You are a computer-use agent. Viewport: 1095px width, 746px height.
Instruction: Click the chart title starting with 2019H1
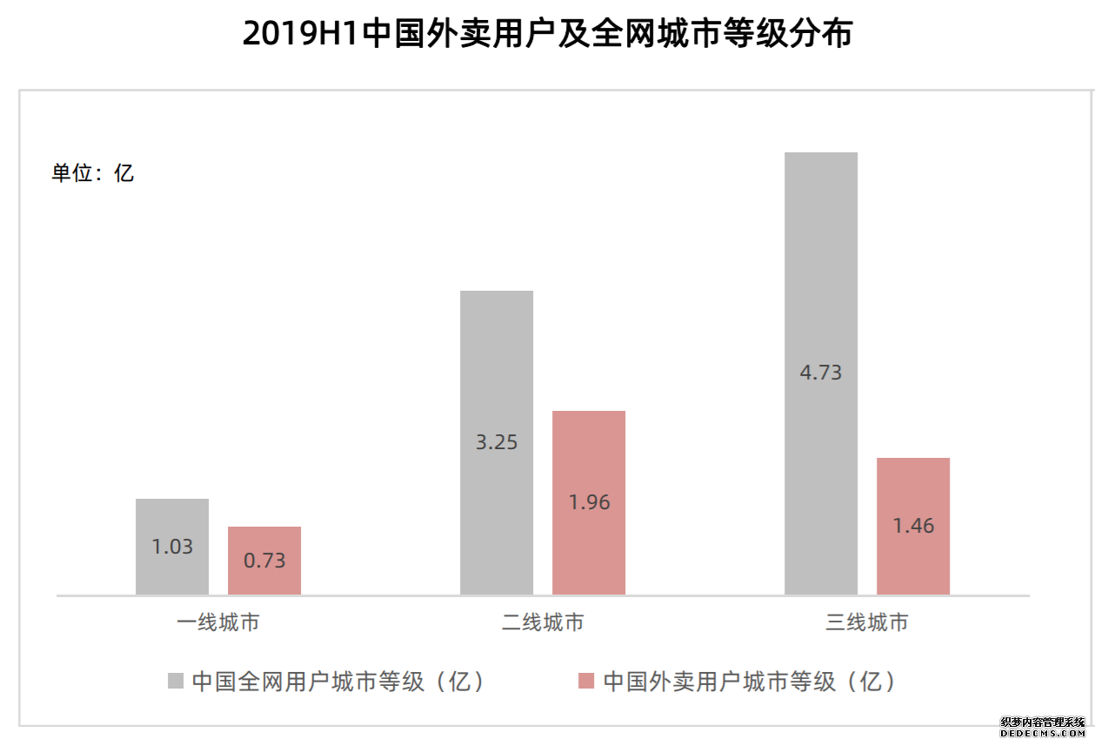(547, 34)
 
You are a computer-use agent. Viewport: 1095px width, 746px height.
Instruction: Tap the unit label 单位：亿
(93, 172)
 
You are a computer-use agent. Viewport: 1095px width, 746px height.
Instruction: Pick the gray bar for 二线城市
(497, 366)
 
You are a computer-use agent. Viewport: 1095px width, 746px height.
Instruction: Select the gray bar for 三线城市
(821, 261)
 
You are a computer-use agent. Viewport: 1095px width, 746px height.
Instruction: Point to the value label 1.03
(172, 548)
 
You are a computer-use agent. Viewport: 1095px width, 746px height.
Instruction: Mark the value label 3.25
(497, 442)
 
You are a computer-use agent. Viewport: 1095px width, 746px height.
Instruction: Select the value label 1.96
(589, 502)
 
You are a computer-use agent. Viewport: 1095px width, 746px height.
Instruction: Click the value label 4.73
(821, 373)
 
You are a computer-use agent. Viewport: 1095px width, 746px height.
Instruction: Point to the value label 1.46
(913, 526)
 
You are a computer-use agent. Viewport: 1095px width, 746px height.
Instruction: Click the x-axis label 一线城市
(218, 623)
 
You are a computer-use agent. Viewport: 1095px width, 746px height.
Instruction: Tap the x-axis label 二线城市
(543, 623)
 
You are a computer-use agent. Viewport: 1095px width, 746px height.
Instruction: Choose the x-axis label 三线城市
(867, 623)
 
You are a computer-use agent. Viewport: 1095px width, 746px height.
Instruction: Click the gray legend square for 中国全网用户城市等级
(176, 681)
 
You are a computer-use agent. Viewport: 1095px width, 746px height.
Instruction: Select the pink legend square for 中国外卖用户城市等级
(586, 681)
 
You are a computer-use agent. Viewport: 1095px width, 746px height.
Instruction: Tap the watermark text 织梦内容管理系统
(1043, 722)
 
